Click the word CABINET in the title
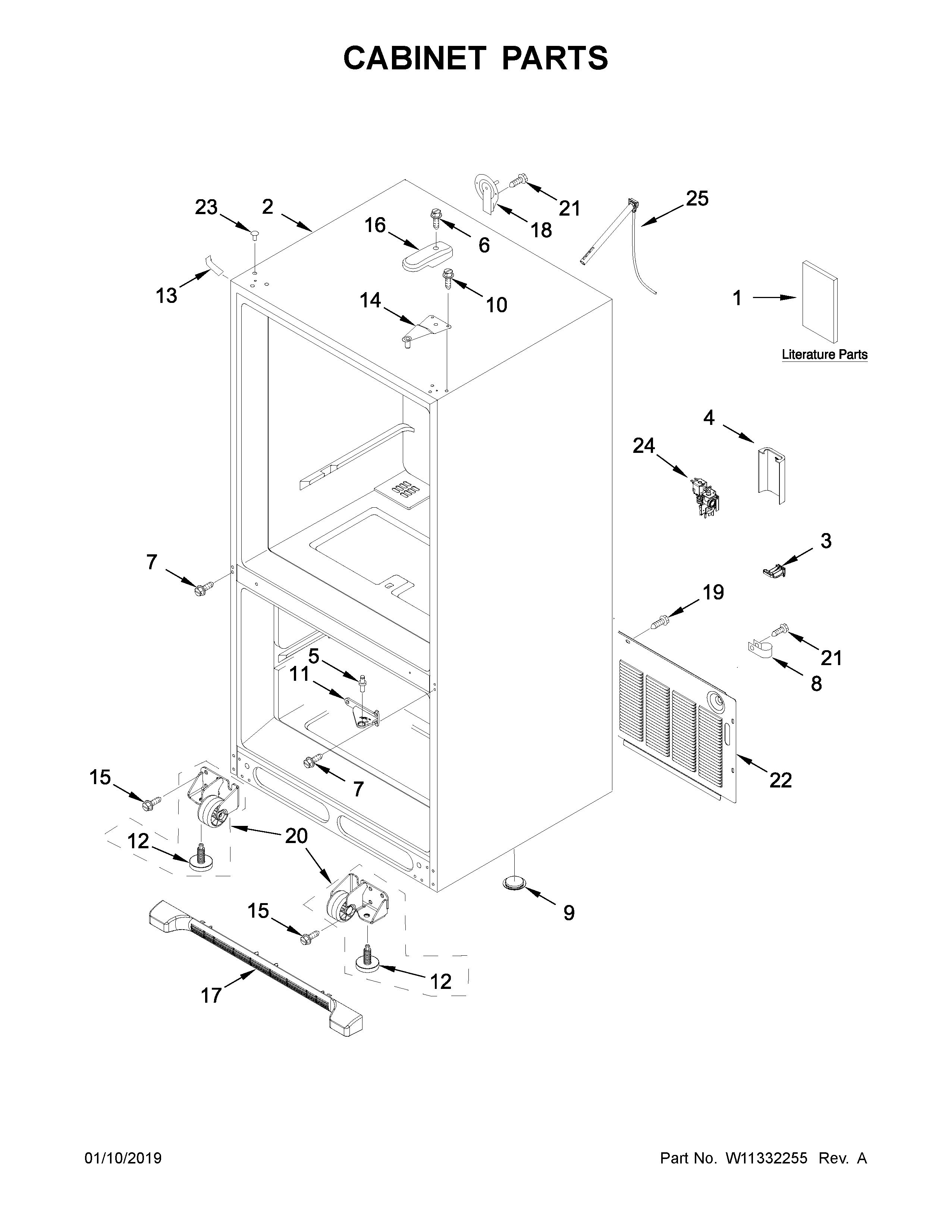414,58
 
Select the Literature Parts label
824,354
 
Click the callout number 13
166,295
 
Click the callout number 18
541,230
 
